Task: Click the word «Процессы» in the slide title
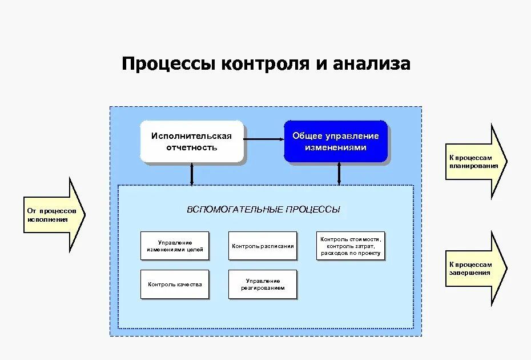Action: [169, 63]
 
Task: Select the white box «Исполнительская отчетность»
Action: [191, 141]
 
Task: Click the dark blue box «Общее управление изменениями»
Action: [335, 141]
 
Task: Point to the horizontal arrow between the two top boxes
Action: [264, 138]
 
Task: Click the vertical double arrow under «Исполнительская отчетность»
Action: [192, 174]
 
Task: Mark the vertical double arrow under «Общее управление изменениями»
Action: [339, 174]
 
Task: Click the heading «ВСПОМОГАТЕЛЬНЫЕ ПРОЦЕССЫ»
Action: [263, 210]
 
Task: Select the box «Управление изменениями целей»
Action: [175, 246]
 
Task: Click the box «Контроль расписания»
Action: [263, 246]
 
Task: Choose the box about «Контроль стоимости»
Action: [351, 246]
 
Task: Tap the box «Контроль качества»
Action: [175, 284]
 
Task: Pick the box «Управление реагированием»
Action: [263, 284]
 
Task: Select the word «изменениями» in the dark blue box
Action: [335, 147]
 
